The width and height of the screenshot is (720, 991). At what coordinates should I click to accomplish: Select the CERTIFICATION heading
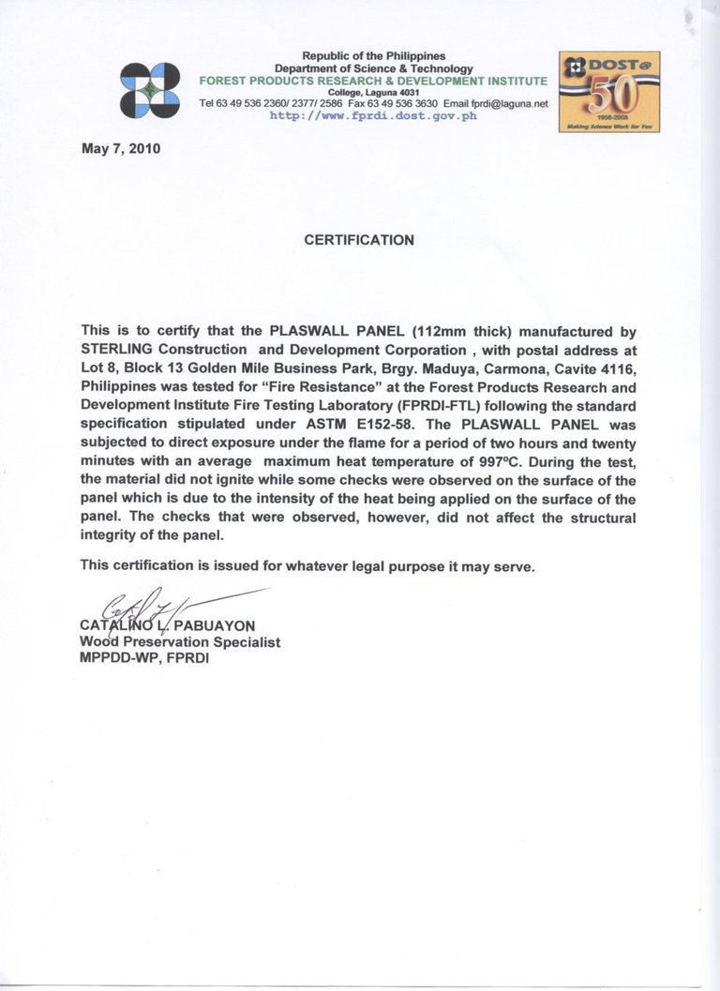(359, 240)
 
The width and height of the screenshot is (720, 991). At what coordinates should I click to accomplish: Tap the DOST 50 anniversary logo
(609, 91)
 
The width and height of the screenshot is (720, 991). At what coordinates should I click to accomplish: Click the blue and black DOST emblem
(150, 90)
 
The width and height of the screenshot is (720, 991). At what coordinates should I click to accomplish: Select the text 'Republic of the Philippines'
(373, 57)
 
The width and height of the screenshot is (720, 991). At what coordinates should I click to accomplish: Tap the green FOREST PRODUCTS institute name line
(373, 82)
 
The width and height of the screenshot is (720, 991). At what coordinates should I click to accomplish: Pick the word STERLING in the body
(115, 350)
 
